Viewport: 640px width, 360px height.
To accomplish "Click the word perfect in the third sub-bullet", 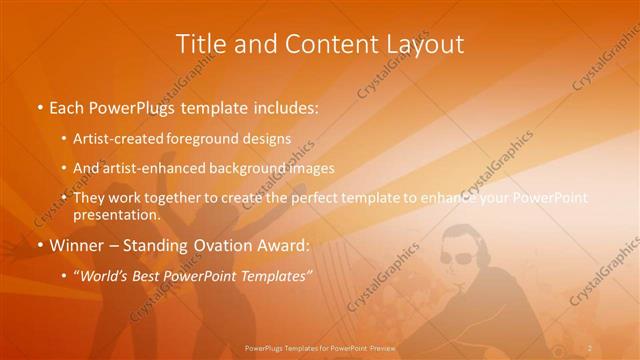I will pyautogui.click(x=345, y=199).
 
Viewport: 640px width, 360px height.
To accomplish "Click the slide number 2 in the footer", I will pyautogui.click(x=590, y=347).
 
